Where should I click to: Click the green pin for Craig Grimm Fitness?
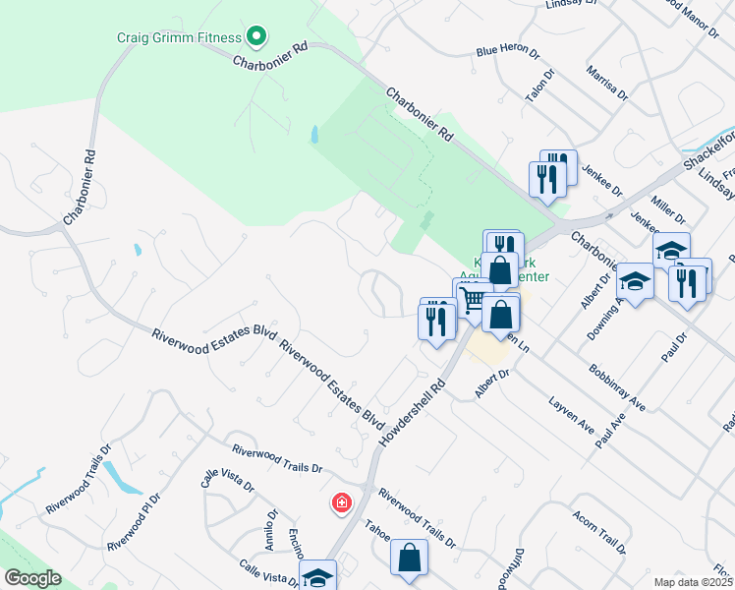(x=256, y=38)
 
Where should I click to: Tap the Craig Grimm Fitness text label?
(x=179, y=38)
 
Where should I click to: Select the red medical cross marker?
(x=341, y=503)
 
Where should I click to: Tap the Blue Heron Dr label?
(x=508, y=50)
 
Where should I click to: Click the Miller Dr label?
(x=668, y=208)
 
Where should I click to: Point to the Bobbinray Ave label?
(x=617, y=389)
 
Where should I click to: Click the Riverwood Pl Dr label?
(x=134, y=529)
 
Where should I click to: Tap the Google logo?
(x=31, y=578)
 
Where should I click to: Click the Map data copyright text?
(x=693, y=582)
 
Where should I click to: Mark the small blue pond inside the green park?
(x=314, y=135)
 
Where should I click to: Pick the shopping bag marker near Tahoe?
(x=408, y=558)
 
